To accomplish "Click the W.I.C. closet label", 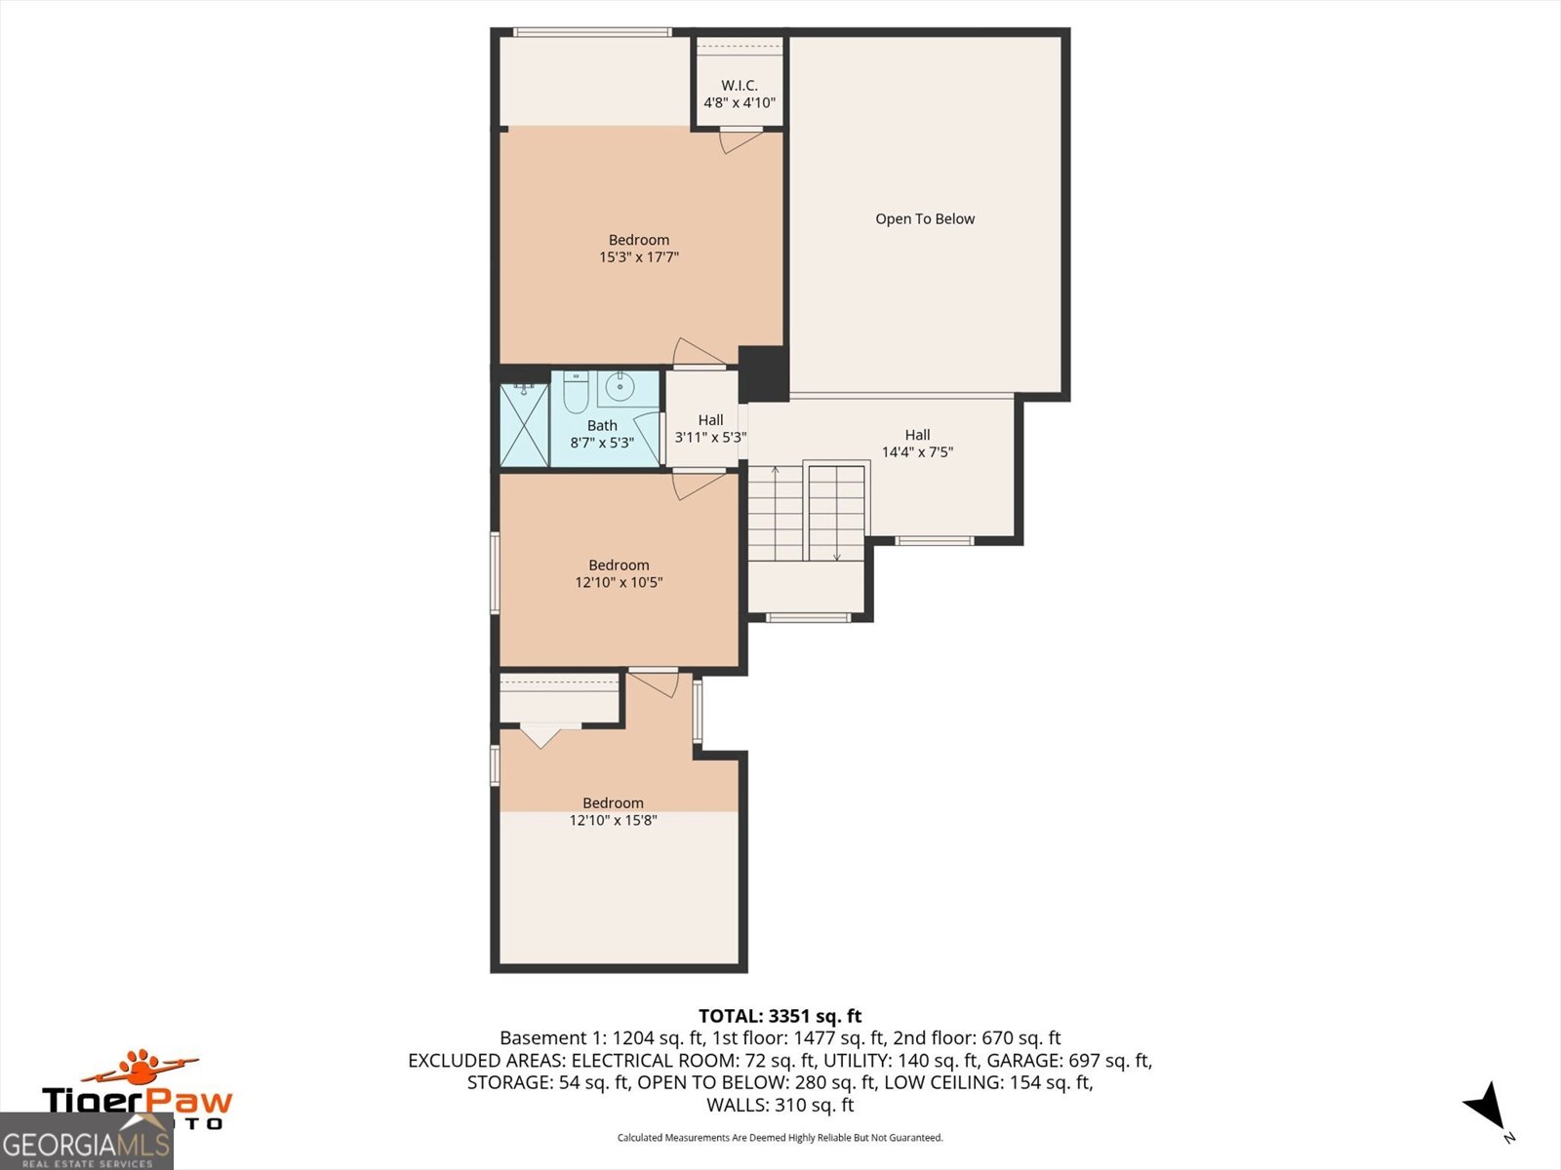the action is coord(739,85).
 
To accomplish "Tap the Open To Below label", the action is coord(925,218).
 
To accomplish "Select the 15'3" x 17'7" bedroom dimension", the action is coord(639,257).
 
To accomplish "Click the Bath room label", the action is coord(602,425).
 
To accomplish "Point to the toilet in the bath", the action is coord(576,391).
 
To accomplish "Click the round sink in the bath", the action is coord(620,387).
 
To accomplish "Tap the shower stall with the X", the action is coord(524,425).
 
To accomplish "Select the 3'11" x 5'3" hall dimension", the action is coord(710,437).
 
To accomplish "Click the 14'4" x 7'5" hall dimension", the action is coord(917,451).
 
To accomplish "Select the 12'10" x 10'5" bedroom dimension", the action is coord(619,582).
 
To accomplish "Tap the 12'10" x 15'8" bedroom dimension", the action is coord(613,821).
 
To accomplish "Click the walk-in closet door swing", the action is coord(740,140).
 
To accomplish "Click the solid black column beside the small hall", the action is coord(763,373).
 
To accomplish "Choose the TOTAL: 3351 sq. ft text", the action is coord(780,1016).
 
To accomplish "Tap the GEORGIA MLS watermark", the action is coord(86,1142).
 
